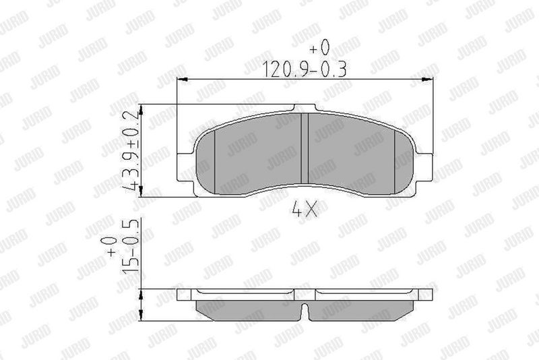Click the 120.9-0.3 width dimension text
click(305, 69)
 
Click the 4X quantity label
click(305, 209)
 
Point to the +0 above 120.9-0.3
click(319, 47)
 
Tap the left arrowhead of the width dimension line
click(182, 80)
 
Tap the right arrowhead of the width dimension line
click(427, 80)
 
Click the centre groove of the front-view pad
click(305, 148)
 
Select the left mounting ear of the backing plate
click(185, 167)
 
